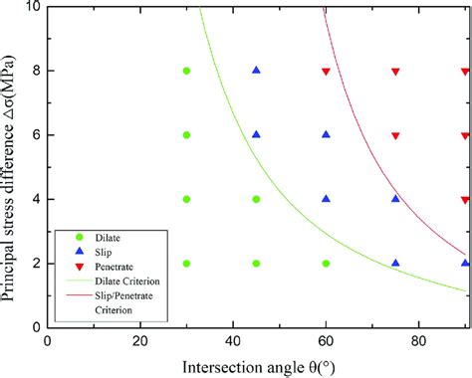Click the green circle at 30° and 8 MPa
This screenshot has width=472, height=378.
coord(186,71)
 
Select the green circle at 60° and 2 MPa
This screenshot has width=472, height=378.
coord(326,264)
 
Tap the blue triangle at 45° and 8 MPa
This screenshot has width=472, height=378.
coord(256,71)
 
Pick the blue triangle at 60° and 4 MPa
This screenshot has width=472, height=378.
coord(326,199)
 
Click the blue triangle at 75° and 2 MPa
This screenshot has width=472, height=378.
coord(395,264)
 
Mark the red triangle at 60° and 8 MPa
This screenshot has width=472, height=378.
coord(326,72)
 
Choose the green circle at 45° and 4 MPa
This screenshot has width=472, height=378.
coord(256,199)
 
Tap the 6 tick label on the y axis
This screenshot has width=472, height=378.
coord(34,135)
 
